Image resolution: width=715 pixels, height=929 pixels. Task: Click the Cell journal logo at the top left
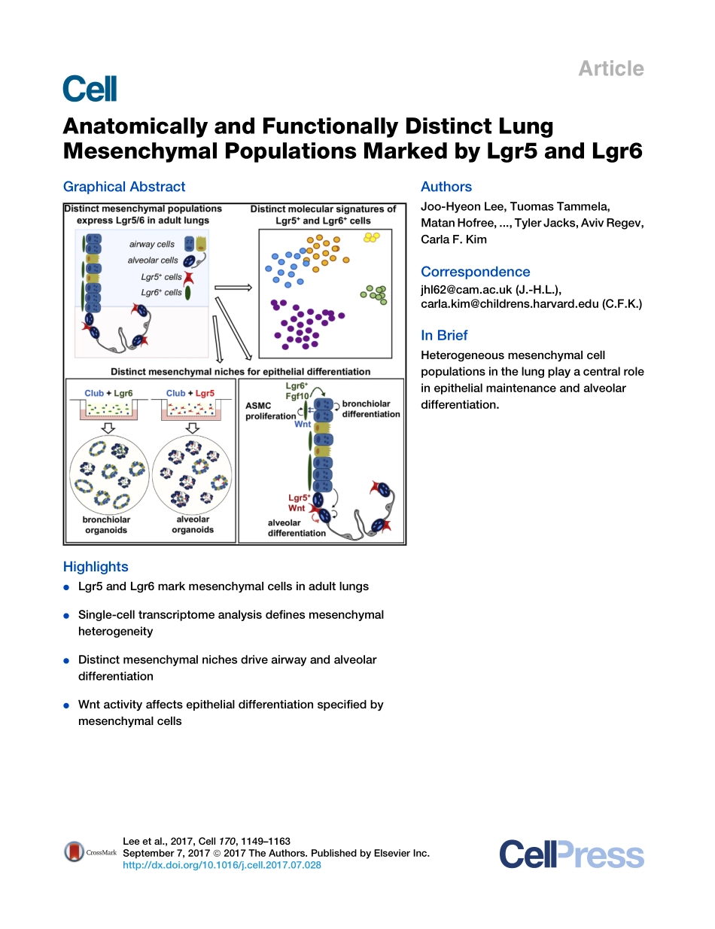(90, 89)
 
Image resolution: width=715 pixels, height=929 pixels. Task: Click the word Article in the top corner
(610, 69)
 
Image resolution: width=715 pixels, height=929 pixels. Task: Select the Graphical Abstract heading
(124, 187)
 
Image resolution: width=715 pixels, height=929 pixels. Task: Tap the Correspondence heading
(475, 272)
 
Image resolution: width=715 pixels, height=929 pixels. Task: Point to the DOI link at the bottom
(222, 865)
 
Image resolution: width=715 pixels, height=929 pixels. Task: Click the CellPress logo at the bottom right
(571, 855)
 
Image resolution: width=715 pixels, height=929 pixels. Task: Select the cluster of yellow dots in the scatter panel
(372, 237)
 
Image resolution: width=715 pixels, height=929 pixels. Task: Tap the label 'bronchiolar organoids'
(106, 525)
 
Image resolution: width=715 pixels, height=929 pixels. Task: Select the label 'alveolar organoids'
(193, 525)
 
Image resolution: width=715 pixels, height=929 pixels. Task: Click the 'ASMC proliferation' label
(270, 410)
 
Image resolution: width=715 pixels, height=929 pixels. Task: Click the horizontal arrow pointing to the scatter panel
(233, 287)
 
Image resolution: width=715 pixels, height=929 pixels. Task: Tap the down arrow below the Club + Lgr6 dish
(107, 428)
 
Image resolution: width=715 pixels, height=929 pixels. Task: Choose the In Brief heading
(444, 336)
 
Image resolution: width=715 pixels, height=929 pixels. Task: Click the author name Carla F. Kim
(454, 239)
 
